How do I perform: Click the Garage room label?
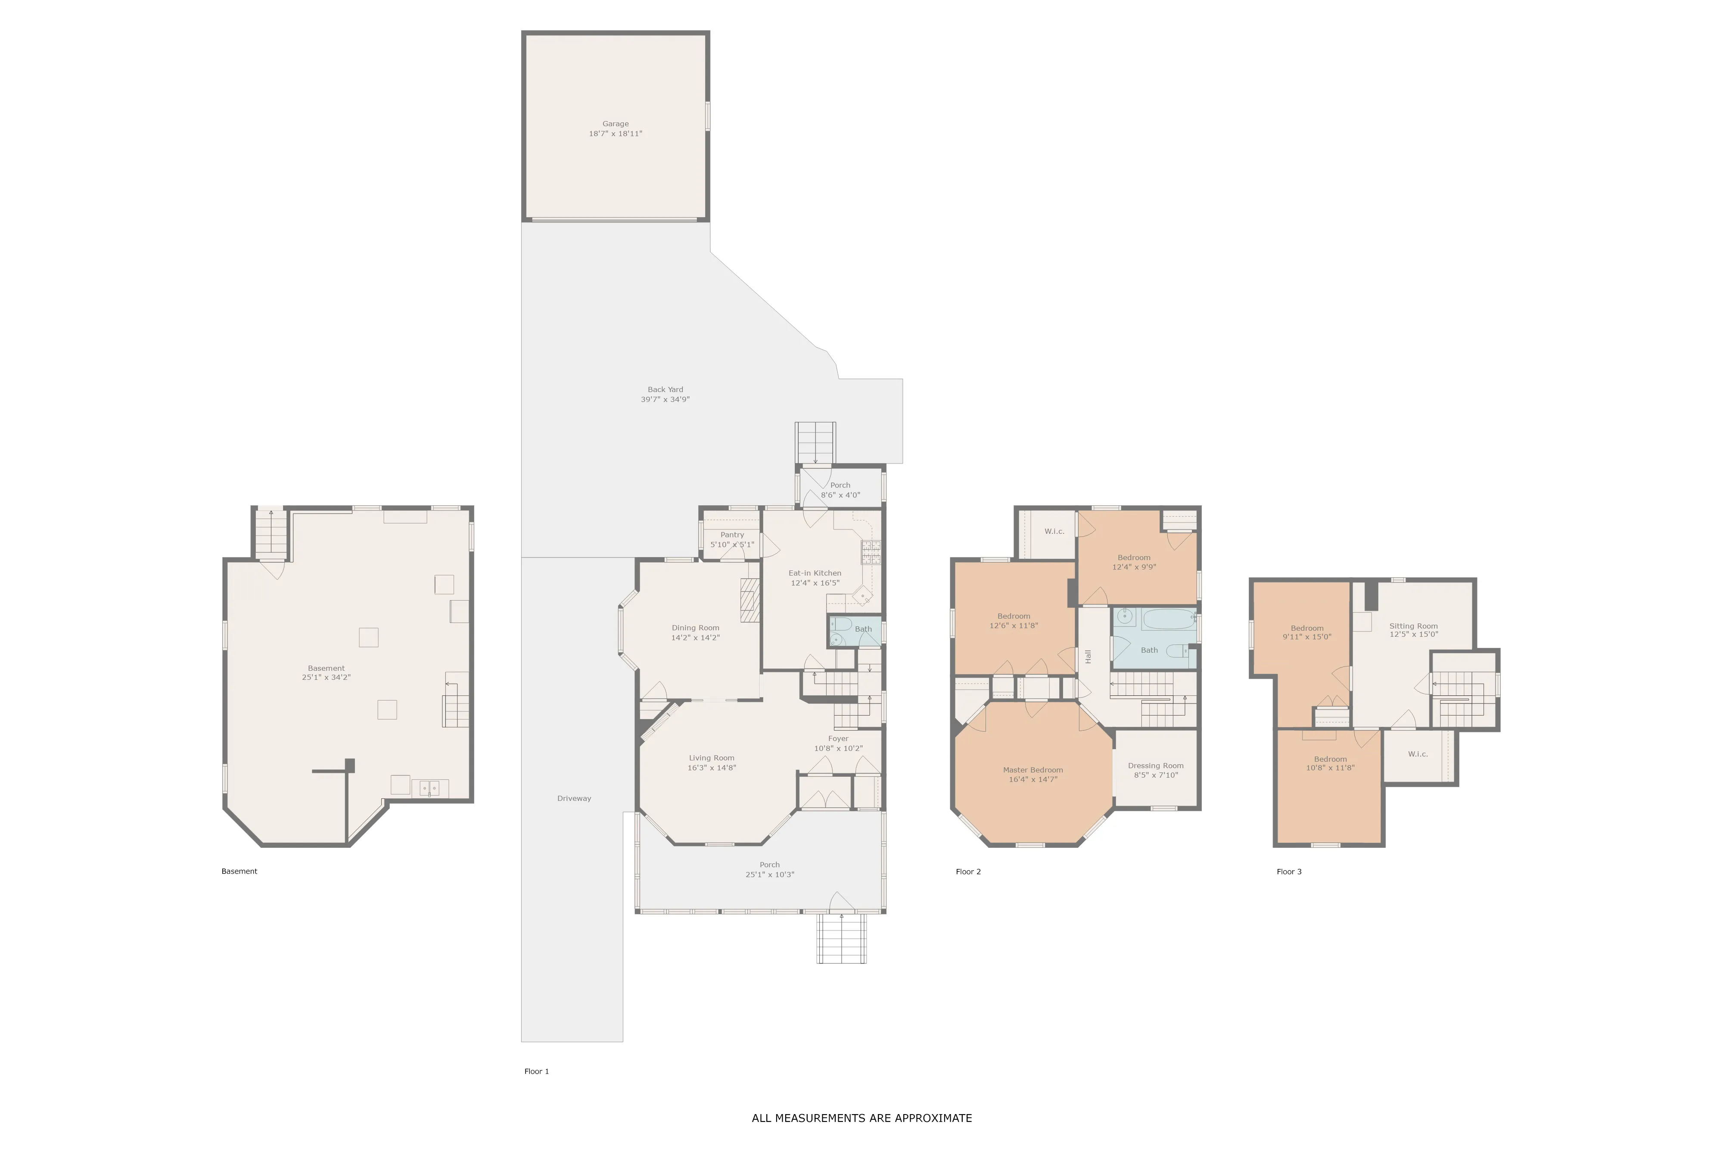[616, 124]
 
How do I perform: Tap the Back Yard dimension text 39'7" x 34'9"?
[665, 399]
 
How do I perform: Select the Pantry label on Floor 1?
[732, 535]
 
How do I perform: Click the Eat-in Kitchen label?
[815, 573]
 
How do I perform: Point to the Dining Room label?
[695, 628]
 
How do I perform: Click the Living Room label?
[711, 758]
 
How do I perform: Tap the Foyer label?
[838, 738]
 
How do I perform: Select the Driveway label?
[574, 799]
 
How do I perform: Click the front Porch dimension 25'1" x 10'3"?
[770, 874]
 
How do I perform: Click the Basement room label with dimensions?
[326, 673]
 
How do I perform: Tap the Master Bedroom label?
[1033, 770]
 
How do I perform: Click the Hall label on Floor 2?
[1089, 657]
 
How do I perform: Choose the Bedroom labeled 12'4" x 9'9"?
[1134, 562]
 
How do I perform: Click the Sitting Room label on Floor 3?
[1414, 626]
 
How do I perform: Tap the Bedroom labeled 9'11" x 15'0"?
[1307, 632]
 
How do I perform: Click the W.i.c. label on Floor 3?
[1418, 754]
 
